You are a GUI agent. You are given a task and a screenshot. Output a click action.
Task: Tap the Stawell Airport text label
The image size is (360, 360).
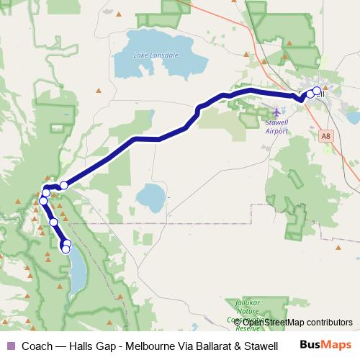tap(276, 127)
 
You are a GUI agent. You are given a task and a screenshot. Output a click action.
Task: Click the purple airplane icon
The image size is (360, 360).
tap(277, 112)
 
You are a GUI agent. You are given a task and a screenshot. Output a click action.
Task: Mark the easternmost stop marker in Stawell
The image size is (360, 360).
tap(317, 91)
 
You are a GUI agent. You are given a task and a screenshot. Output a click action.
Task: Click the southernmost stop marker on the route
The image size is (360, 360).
tap(66, 249)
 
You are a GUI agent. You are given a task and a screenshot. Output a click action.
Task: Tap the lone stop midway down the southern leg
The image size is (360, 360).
tap(53, 222)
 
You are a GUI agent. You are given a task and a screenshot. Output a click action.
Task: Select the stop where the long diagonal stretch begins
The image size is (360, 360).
tap(63, 185)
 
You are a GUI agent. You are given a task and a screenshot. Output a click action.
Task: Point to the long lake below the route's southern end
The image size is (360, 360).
tap(77, 277)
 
